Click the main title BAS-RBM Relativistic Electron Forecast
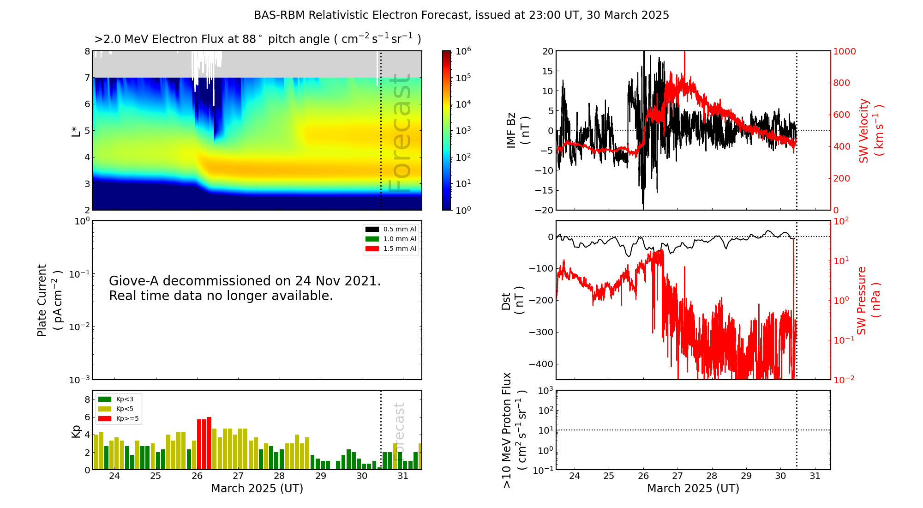pos(461,15)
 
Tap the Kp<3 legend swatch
pos(105,399)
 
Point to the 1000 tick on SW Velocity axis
pos(844,51)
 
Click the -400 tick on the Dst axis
pos(541,364)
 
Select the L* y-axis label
pos(76,131)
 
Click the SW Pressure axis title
pos(869,300)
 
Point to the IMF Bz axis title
pos(517,131)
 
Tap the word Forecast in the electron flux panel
pos(400,134)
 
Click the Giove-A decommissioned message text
pos(245,288)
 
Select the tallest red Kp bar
pos(209,443)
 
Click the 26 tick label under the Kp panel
pos(197,476)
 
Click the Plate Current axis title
pos(49,300)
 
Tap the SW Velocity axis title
pos(870,131)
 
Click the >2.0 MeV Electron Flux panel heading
pos(258,39)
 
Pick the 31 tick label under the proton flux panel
pos(815,476)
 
